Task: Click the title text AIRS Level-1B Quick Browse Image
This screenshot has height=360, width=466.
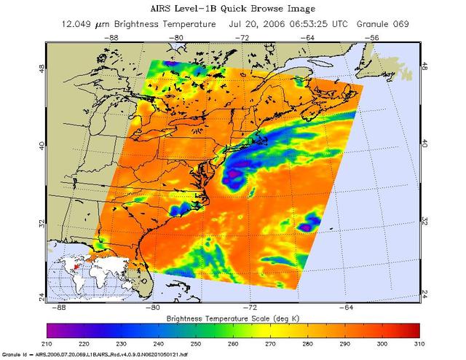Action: (234, 9)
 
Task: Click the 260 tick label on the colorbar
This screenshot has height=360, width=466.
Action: (232, 343)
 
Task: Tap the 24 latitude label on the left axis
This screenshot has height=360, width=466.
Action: (42, 294)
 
